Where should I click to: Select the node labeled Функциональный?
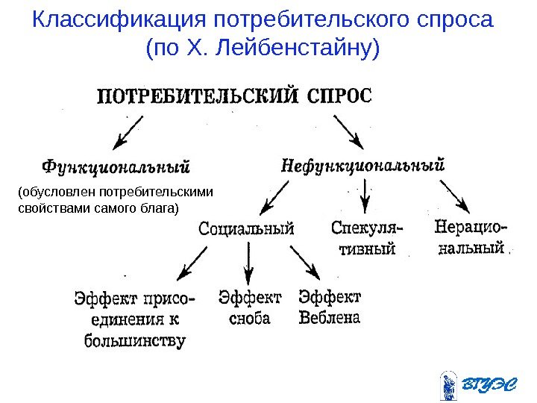point(116,163)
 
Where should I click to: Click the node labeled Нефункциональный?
point(362,164)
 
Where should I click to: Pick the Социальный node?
point(247,228)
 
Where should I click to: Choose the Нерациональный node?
point(471,236)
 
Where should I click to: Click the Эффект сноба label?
point(250,307)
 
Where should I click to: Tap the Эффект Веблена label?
point(329,307)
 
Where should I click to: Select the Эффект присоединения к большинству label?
point(134,319)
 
